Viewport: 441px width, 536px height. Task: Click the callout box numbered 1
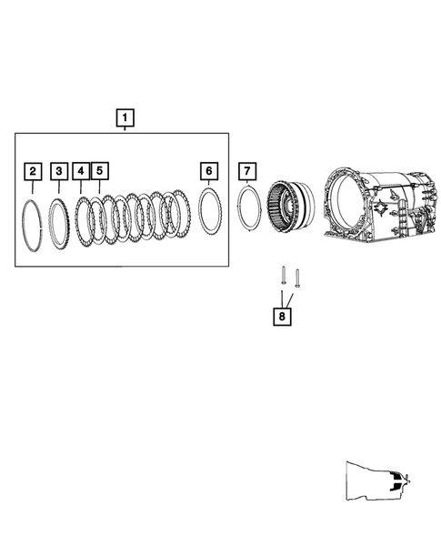pos(125,117)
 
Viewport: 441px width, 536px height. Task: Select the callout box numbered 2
pos(33,170)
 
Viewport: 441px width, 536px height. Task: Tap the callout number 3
pos(59,170)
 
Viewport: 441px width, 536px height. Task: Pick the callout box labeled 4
pos(82,170)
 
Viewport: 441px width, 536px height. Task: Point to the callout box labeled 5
pos(99,170)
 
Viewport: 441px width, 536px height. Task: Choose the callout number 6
pos(209,170)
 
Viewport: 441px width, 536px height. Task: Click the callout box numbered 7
pos(246,170)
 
